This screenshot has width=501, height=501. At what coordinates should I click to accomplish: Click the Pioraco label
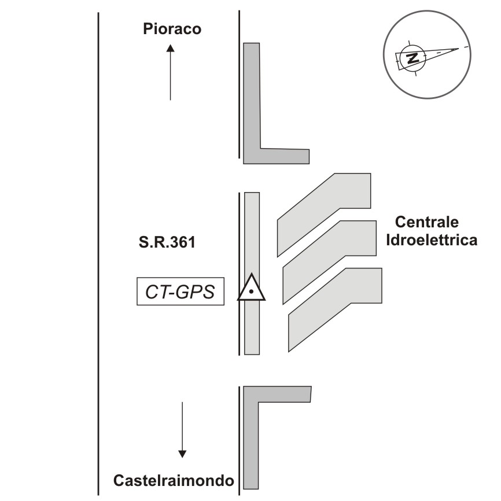point(172,29)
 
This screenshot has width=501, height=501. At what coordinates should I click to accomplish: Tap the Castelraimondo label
point(174,481)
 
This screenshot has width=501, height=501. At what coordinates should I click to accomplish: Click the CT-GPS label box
point(180,292)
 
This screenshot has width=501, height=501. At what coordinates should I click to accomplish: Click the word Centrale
point(426,222)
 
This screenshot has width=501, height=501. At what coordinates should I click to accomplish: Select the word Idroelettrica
point(432,240)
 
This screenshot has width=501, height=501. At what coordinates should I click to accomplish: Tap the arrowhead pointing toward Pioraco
point(171,49)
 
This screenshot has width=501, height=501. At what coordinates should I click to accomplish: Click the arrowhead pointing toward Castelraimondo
point(182,453)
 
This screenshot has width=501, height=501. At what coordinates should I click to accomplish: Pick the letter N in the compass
point(412,58)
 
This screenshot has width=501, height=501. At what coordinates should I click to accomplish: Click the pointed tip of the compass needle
point(458,49)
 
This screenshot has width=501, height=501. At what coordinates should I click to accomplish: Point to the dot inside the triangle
point(251,293)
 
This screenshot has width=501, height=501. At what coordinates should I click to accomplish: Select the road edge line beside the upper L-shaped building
point(240,87)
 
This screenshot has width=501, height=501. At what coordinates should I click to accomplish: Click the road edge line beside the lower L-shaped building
point(240,440)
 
